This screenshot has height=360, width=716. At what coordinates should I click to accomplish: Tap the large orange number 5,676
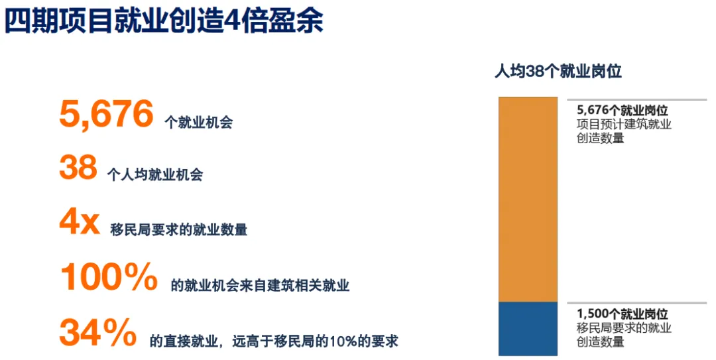pos(106,114)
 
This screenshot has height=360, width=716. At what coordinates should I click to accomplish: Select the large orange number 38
pos(78,167)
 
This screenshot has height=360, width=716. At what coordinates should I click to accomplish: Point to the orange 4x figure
pos(80,222)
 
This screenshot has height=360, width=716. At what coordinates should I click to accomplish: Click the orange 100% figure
pos(109,277)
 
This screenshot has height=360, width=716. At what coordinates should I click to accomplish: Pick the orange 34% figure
pos(98,332)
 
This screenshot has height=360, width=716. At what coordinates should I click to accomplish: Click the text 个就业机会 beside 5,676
pos(199,123)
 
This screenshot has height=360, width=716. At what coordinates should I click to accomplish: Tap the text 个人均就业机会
pos(155,174)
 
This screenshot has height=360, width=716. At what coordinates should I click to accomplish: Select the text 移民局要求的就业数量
pos(179,229)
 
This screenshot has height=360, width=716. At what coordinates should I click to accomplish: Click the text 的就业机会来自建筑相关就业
pos(261,286)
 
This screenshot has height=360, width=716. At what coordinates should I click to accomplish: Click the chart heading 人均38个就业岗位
pos(558,72)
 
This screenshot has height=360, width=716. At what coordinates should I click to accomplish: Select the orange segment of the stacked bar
pos(528,199)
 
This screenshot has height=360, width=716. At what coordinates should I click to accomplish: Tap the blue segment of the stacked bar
pos(528,328)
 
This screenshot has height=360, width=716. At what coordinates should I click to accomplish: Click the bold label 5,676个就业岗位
pos(623,110)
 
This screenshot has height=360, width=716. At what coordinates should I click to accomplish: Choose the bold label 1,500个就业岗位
pos(623,314)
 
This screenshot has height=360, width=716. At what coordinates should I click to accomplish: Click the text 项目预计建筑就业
pos(625,124)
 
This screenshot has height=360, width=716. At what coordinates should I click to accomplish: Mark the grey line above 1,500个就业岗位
pos(636,303)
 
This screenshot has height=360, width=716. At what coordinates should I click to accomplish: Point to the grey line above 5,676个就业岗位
pos(636,99)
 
